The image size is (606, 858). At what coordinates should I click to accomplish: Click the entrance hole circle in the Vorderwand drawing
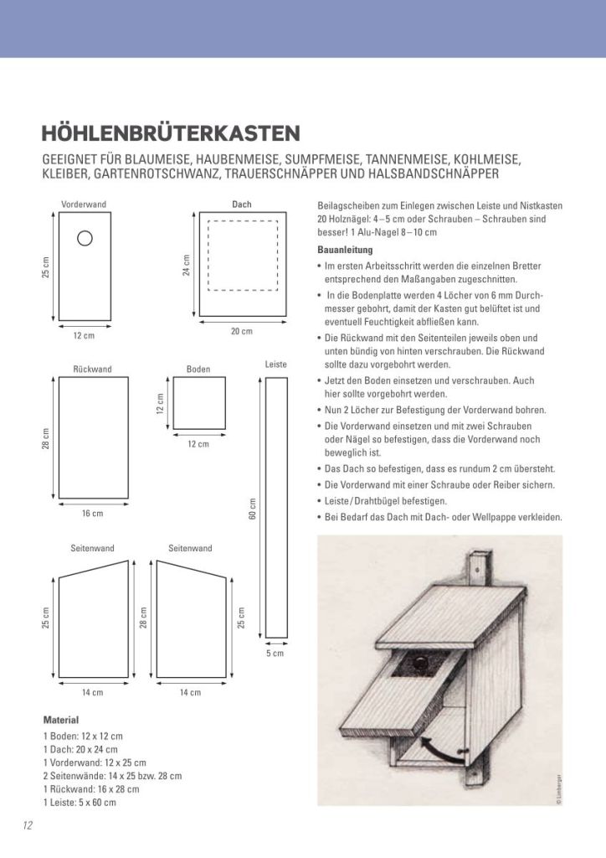85,238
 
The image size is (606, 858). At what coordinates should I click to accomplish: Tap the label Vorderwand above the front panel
84,204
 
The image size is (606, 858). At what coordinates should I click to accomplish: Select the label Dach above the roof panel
241,204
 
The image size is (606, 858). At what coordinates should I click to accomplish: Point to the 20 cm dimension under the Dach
241,332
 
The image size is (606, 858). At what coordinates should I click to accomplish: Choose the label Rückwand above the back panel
92,369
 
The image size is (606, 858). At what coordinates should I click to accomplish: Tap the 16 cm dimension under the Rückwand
92,514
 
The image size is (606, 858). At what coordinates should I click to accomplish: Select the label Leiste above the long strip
276,365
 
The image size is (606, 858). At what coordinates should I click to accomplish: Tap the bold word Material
60,720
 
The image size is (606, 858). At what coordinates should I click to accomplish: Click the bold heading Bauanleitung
345,250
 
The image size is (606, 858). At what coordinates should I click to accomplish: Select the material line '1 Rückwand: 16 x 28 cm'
91,788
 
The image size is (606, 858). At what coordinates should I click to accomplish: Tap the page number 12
28,825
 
